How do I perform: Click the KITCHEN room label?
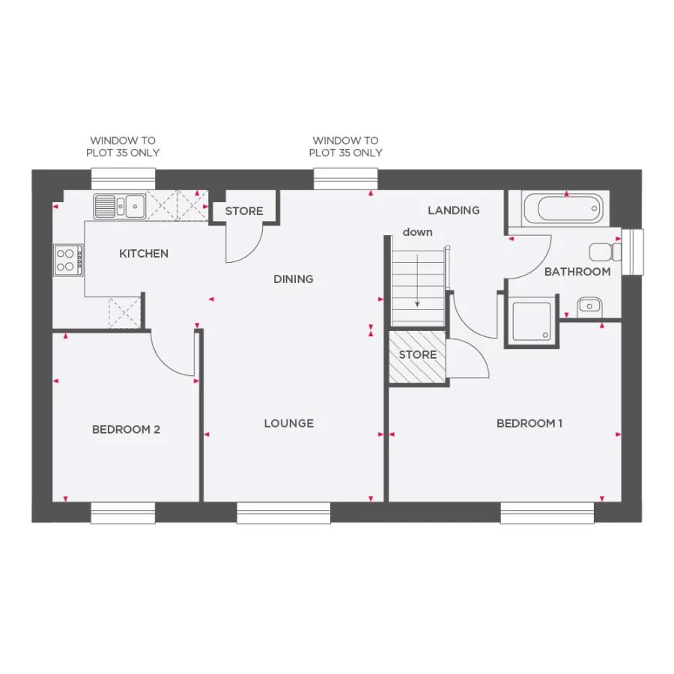click(144, 254)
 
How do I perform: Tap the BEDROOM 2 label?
click(126, 430)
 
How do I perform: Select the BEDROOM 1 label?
click(529, 424)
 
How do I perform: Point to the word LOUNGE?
click(288, 424)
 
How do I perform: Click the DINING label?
click(293, 279)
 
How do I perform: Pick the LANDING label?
click(453, 210)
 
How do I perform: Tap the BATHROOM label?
click(577, 272)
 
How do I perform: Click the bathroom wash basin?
click(589, 305)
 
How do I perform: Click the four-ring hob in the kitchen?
click(67, 260)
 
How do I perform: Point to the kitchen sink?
click(120, 205)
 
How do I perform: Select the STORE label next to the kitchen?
click(244, 211)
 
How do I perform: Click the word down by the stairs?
click(417, 232)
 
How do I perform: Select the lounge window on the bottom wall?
click(284, 513)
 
